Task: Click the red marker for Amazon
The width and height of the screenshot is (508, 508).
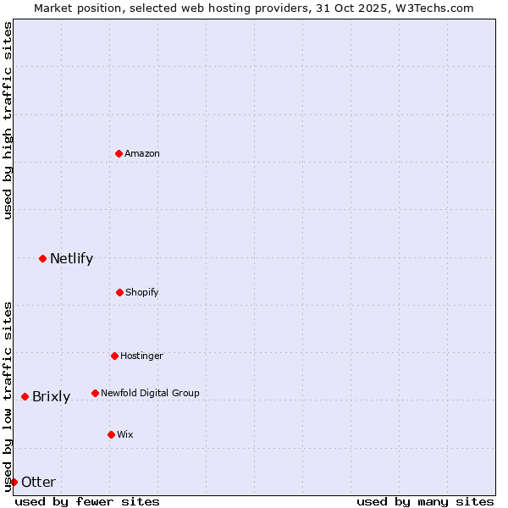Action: click(x=119, y=153)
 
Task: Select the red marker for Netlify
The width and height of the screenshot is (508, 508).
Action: click(x=42, y=258)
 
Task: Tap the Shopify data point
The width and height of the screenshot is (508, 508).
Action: click(x=119, y=292)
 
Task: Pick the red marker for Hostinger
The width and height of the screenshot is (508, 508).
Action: click(x=114, y=356)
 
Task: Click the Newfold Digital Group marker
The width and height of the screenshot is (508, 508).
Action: click(x=95, y=393)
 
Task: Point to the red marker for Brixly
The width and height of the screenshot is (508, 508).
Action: click(x=25, y=396)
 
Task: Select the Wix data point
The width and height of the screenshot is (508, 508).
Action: click(x=111, y=434)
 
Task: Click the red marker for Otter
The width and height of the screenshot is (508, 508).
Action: click(x=14, y=482)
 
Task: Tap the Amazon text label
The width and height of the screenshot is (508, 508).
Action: click(x=142, y=153)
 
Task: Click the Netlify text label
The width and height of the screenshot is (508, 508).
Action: click(x=71, y=258)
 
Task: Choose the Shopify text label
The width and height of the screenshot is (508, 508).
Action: click(x=142, y=292)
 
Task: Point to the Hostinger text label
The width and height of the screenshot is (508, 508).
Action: click(x=141, y=356)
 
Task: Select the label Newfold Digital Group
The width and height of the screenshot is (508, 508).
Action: click(x=150, y=393)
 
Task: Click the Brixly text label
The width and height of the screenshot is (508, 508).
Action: click(x=51, y=396)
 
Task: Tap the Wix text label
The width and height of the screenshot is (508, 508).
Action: click(x=125, y=434)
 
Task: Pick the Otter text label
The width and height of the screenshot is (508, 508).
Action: click(x=38, y=482)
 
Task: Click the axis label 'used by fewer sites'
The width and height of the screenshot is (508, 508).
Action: click(x=87, y=501)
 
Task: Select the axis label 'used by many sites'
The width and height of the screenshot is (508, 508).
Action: click(x=425, y=501)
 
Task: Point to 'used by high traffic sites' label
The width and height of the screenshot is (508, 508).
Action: click(x=8, y=121)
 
